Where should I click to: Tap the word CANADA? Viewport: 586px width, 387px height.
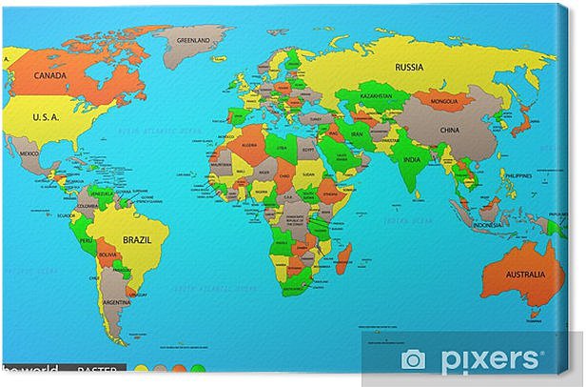pos(49,74)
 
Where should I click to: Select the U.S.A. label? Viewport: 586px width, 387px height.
pos(47,117)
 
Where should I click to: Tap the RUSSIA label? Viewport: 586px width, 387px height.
pos(409,67)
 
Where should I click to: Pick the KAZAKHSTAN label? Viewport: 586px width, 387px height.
pos(379,97)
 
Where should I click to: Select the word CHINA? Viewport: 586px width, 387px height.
pos(449,130)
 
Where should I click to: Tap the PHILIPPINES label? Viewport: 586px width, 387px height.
pos(518,176)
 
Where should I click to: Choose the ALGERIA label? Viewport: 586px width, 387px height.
pos(249,145)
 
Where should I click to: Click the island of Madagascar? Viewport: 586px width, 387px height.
pos(343,258)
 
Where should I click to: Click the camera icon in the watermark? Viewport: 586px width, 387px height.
pos(413,358)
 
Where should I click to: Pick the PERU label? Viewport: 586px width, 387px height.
pos(86,241)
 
